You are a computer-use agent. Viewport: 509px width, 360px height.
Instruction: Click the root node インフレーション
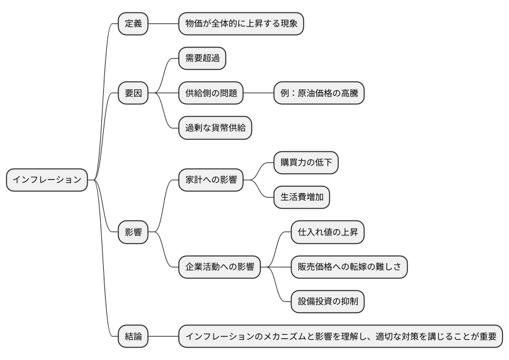(x=46, y=180)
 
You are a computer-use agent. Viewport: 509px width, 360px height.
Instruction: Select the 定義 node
(x=133, y=23)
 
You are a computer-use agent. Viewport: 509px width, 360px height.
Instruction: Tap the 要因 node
(x=133, y=93)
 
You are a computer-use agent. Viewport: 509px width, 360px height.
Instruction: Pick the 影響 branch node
(x=133, y=232)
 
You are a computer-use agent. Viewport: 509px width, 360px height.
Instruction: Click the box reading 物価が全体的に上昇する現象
(x=241, y=23)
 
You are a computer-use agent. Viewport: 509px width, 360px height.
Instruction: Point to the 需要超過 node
(x=202, y=59)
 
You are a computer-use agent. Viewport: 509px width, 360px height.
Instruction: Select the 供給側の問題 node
(x=211, y=93)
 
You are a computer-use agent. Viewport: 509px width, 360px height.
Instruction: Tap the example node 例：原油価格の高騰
(x=319, y=93)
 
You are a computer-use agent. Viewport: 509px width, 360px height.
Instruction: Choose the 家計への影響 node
(x=211, y=180)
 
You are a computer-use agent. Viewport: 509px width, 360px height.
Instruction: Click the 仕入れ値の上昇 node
(x=327, y=232)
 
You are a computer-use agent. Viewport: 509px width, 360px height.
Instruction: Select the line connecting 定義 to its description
(x=163, y=23)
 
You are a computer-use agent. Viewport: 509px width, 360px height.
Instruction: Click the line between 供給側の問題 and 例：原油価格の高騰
(x=258, y=93)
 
